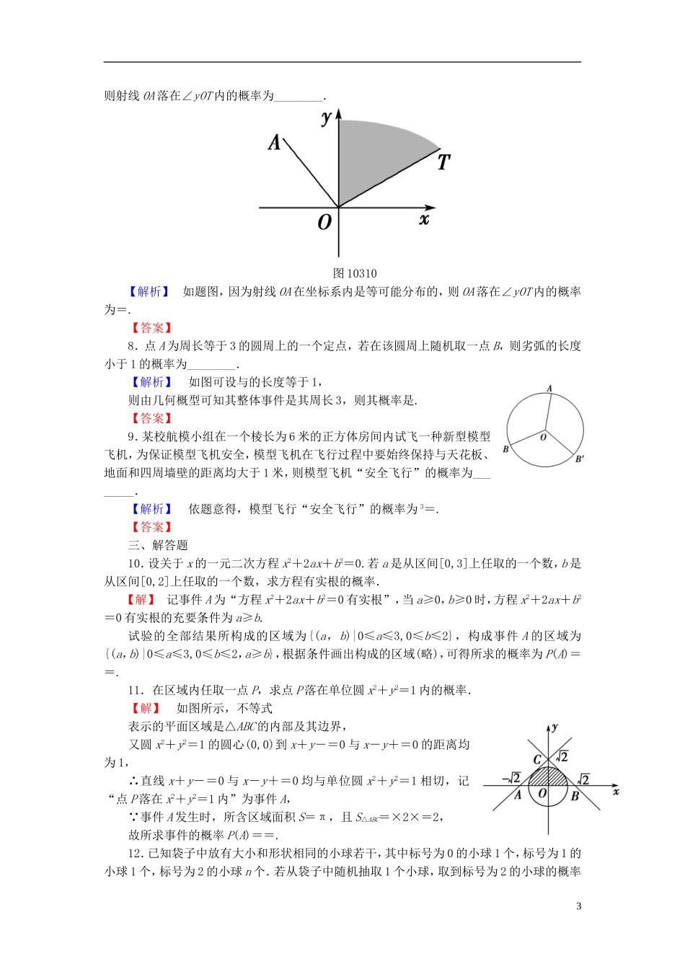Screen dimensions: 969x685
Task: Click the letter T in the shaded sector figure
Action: (x=443, y=162)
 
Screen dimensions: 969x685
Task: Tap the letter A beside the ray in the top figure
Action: (x=274, y=142)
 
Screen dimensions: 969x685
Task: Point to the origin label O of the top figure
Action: (x=324, y=222)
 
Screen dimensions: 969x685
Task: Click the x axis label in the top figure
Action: (x=424, y=218)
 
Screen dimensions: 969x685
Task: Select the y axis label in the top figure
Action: (x=327, y=118)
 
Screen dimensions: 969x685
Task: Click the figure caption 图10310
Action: (x=355, y=273)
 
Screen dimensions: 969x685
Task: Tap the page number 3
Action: (x=578, y=906)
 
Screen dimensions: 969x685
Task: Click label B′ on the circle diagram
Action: (x=580, y=459)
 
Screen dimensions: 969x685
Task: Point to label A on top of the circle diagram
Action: (x=549, y=389)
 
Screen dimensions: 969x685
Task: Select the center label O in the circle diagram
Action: (x=543, y=437)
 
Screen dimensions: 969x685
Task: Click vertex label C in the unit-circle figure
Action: (x=536, y=759)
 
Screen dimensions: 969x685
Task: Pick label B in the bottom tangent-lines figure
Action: (x=575, y=796)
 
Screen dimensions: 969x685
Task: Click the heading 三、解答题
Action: (x=158, y=545)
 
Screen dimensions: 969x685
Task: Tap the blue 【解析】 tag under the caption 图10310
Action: (x=149, y=291)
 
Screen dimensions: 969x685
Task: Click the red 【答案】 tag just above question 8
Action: (x=151, y=327)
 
